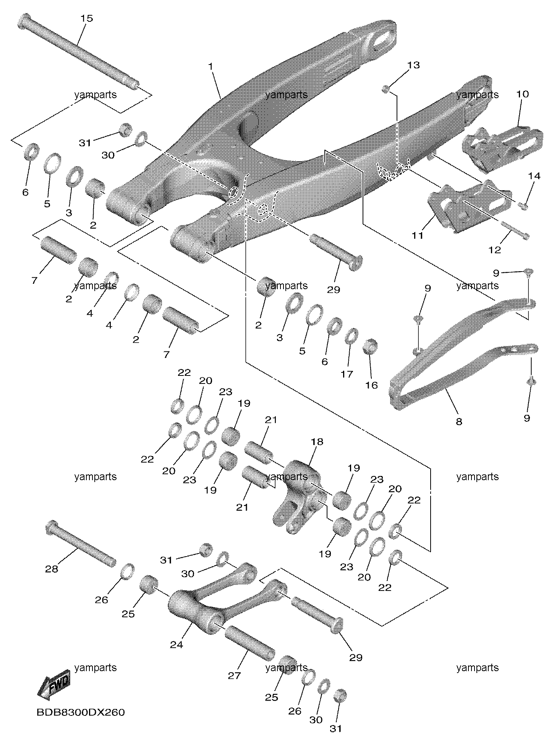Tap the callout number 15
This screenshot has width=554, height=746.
point(86,18)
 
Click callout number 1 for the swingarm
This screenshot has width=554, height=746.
point(211,66)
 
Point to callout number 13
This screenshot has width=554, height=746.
point(413,65)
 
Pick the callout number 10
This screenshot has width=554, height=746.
point(522,94)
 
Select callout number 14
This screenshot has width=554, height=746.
point(534,176)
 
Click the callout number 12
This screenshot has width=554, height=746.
point(494,250)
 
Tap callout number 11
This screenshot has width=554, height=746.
point(417,235)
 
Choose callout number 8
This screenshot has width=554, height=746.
point(459,422)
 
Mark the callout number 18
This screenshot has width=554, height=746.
point(317,442)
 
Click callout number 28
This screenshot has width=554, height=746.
point(52,569)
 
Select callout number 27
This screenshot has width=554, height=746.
point(234,675)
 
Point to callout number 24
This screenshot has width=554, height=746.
point(177,645)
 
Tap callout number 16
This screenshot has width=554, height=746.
point(371,385)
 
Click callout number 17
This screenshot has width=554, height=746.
point(347,374)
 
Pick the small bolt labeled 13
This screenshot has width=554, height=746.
point(386,89)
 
